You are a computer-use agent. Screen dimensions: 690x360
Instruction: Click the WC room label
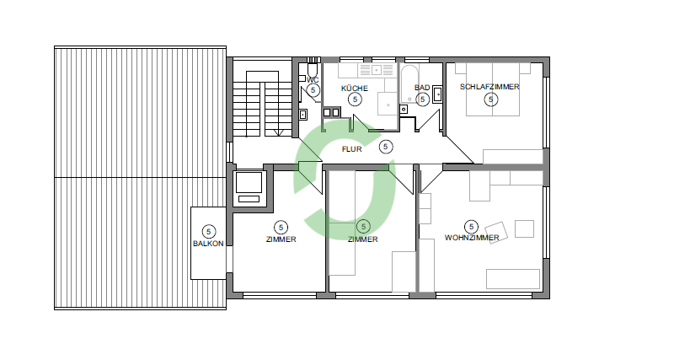(x=313, y=80)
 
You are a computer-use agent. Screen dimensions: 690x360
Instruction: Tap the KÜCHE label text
(x=354, y=89)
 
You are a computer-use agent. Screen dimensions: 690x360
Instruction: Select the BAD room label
(x=421, y=88)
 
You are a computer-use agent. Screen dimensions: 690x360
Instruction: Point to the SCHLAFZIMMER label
(x=489, y=87)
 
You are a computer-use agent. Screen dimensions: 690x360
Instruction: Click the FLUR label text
(x=351, y=149)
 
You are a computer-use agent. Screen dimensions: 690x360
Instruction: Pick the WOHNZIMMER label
(x=472, y=238)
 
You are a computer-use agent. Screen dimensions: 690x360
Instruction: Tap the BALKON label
(x=208, y=244)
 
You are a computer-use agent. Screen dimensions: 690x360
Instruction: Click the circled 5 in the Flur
(x=386, y=146)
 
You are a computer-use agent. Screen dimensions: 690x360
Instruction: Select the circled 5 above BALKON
(x=208, y=232)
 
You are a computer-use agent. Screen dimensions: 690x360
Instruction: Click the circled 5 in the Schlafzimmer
(x=490, y=99)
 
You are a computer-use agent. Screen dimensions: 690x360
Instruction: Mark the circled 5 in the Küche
(x=355, y=99)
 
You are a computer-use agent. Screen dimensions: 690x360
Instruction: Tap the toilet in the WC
(x=312, y=69)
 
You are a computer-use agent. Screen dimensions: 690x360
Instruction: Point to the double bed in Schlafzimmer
(x=493, y=89)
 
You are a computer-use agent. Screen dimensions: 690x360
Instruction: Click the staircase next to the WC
(x=262, y=104)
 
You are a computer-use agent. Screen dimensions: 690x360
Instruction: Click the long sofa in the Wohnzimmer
(x=513, y=279)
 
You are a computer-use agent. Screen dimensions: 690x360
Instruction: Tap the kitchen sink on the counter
(x=377, y=69)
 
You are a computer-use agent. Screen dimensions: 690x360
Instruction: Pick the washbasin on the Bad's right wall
(x=438, y=94)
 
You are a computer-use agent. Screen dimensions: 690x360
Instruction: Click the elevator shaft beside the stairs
(x=249, y=188)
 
